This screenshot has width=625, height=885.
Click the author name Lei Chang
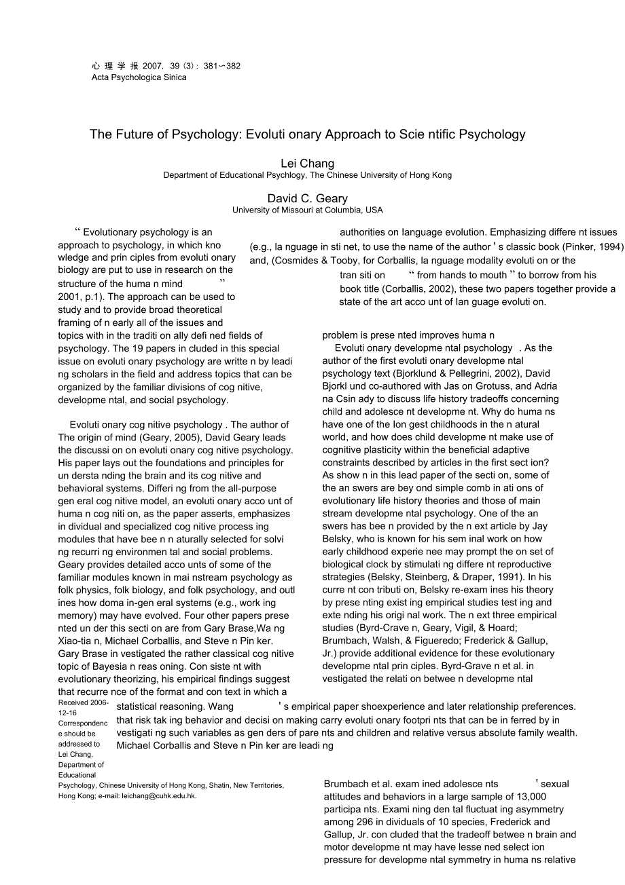click(x=307, y=164)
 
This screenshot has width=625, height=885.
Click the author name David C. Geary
click(x=307, y=199)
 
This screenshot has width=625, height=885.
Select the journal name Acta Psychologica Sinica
click(x=139, y=77)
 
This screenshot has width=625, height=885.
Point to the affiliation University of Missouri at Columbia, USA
click(x=307, y=210)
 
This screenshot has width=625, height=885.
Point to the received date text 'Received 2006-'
click(x=83, y=703)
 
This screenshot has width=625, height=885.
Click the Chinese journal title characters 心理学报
click(x=115, y=67)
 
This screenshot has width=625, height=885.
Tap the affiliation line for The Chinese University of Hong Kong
click(x=307, y=175)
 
